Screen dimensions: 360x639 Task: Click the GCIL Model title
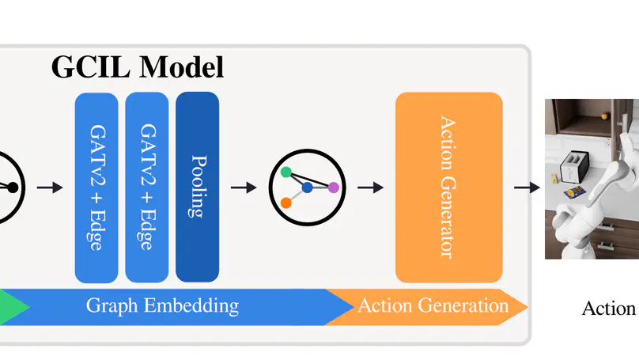(x=138, y=67)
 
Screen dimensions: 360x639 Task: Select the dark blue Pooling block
(x=197, y=187)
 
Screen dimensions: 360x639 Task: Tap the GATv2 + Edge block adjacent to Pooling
(x=146, y=187)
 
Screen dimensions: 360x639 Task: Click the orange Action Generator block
(x=448, y=187)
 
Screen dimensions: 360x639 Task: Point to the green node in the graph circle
(x=285, y=172)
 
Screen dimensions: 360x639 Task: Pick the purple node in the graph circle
(x=333, y=188)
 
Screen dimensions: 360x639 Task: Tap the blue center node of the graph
(x=307, y=188)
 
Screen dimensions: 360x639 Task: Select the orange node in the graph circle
(x=286, y=203)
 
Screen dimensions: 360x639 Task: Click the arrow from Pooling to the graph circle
(x=244, y=188)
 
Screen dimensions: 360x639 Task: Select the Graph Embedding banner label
(x=161, y=306)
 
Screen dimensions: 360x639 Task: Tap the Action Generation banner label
(x=433, y=306)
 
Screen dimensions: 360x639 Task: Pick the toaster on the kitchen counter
(x=570, y=169)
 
